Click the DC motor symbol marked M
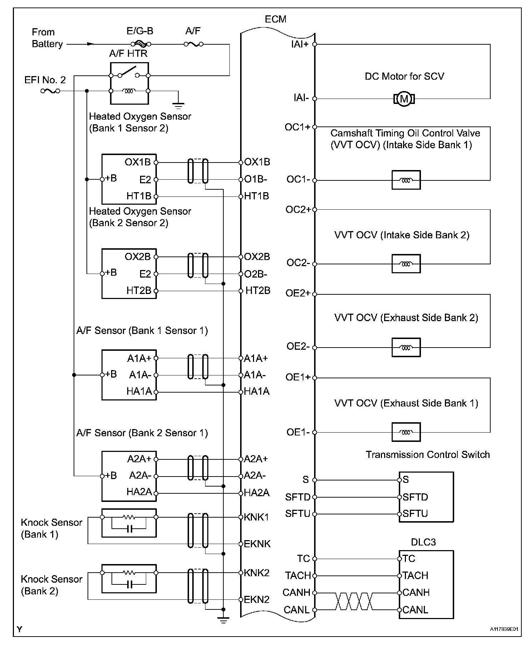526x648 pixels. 404,99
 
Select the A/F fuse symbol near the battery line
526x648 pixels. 193,44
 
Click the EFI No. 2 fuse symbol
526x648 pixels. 50,91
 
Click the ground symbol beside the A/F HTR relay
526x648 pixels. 178,105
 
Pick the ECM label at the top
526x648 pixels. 276,19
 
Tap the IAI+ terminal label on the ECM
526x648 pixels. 300,44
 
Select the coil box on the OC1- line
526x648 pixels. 406,180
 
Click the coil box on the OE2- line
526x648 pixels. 406,347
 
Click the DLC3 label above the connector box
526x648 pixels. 423,542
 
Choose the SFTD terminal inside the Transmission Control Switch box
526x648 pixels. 415,497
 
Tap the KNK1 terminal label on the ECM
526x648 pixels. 256,517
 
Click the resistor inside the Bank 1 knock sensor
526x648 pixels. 129,517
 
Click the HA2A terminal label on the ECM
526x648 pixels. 257,493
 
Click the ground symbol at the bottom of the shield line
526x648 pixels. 223,621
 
